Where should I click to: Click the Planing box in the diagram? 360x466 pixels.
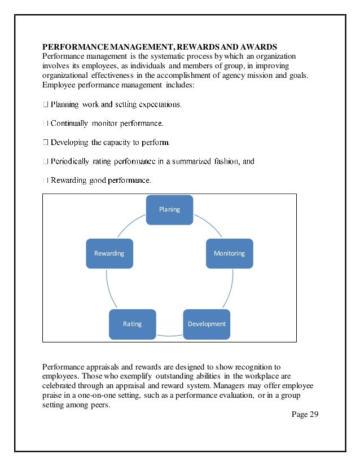point(169,209)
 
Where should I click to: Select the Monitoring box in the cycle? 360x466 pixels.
point(230,253)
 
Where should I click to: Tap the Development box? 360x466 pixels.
point(207,324)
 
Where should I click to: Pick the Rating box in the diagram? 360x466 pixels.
point(132,324)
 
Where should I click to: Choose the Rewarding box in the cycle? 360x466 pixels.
point(109,253)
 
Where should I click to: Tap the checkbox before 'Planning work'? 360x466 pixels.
point(45,104)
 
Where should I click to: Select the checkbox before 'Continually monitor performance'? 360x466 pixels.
point(45,122)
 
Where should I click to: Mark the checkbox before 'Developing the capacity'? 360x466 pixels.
point(45,142)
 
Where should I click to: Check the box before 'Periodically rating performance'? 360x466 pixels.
point(45,161)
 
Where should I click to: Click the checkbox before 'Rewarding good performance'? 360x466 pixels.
point(45,181)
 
